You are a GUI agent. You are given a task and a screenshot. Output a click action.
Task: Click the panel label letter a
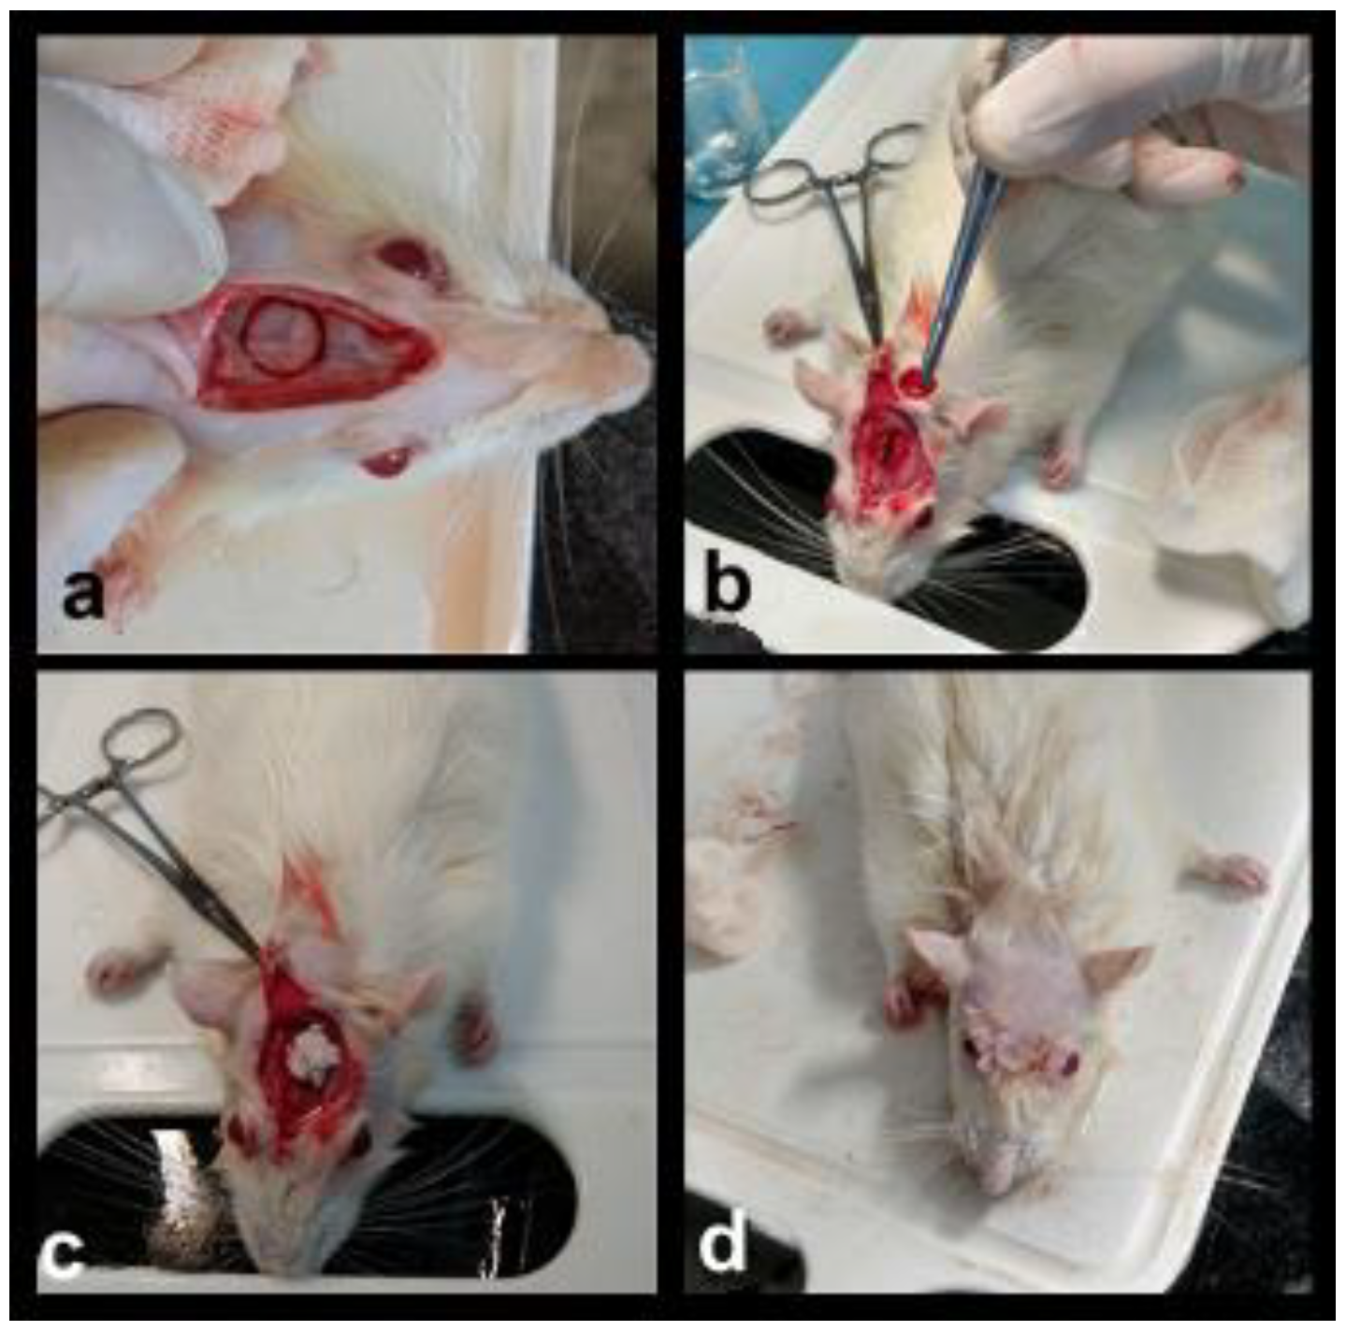pyautogui.click(x=83, y=595)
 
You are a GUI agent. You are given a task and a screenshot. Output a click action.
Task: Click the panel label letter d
pyautogui.click(x=723, y=1234)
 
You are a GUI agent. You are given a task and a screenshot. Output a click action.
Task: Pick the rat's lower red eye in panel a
pyautogui.click(x=386, y=462)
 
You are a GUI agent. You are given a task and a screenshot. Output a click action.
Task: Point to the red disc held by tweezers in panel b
pyautogui.click(x=915, y=381)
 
